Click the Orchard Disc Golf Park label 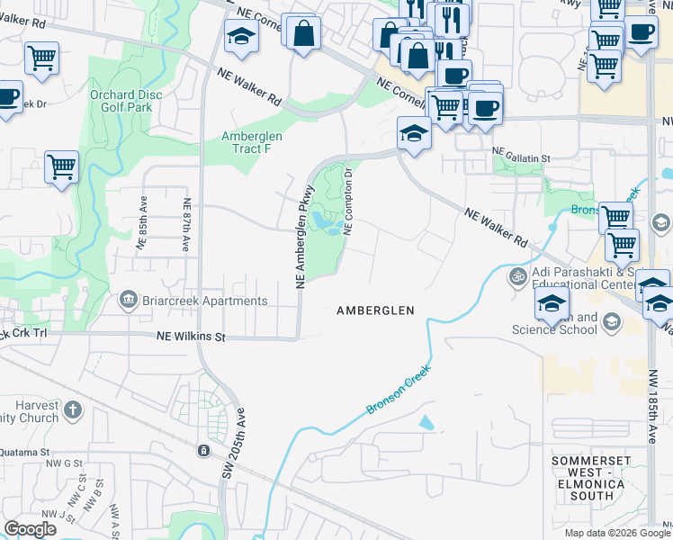point(121,100)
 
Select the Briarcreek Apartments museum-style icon point(129,299)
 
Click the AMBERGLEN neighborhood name point(375,310)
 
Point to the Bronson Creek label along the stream point(398,389)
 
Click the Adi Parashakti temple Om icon point(517,275)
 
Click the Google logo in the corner point(30,529)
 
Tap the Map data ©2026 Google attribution point(616,533)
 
